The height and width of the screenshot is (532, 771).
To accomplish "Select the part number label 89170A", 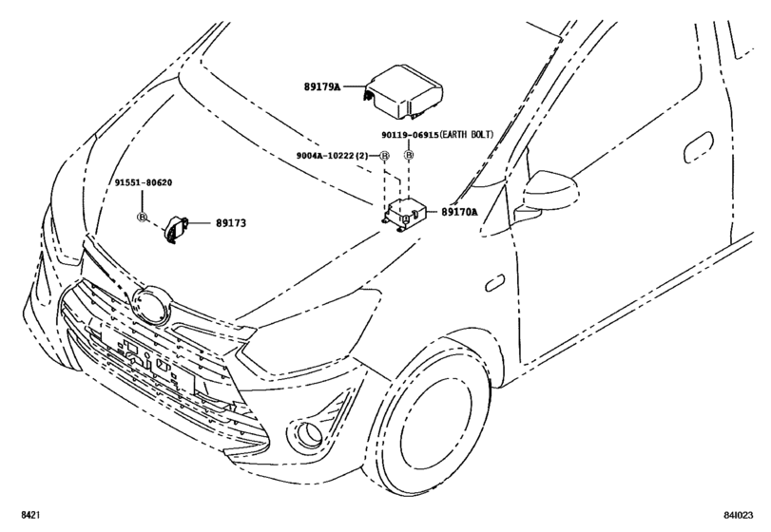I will (x=461, y=213).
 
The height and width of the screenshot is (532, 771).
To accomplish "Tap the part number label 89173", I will (x=231, y=223).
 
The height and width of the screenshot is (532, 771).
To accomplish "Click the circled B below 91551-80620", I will (x=142, y=218).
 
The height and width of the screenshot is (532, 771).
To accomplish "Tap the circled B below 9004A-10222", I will (x=385, y=156).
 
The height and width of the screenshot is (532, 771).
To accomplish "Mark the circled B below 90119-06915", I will (x=410, y=156).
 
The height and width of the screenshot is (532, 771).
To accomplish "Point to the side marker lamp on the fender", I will (x=495, y=284).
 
